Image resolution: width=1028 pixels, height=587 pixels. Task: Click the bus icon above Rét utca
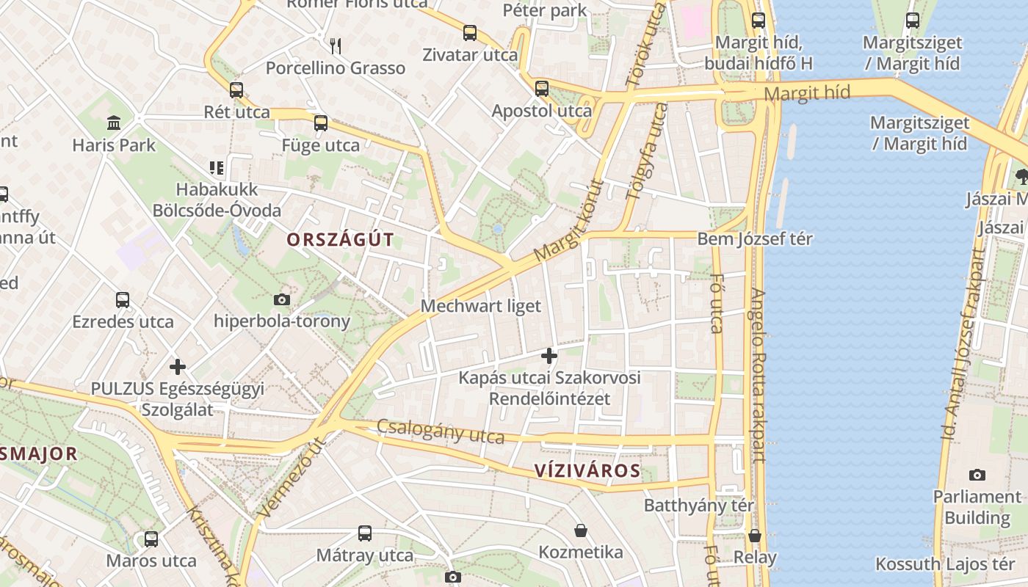(236, 90)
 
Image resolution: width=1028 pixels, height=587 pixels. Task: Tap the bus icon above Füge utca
(321, 123)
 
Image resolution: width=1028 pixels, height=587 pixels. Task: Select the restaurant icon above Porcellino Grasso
(336, 46)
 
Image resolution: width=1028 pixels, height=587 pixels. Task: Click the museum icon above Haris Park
(114, 123)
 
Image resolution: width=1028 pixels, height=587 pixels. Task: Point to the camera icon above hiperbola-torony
(281, 299)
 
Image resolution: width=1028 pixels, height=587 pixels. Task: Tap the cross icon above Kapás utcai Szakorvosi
(549, 356)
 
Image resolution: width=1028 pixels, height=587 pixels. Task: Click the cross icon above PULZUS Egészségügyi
(177, 366)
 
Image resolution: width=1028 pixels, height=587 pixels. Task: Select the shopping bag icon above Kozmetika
(581, 530)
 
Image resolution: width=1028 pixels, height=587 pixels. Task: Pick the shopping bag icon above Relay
(755, 536)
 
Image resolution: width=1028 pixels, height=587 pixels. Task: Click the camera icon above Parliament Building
(977, 475)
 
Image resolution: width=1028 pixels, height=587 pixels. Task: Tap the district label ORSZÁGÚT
(340, 240)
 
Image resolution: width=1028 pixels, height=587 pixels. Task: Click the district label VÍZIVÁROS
(587, 470)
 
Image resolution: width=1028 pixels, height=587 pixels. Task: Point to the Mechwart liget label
(480, 306)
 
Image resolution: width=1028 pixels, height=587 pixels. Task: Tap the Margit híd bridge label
(807, 93)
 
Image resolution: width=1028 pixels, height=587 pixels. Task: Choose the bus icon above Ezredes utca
(123, 300)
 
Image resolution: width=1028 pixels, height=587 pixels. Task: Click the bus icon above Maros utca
(151, 539)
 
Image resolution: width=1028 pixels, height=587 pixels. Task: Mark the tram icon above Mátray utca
(365, 533)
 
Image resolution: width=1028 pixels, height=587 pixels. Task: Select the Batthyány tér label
(699, 506)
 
